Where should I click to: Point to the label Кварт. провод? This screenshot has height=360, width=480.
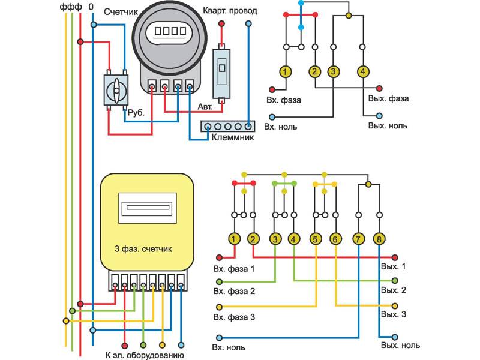(232, 12)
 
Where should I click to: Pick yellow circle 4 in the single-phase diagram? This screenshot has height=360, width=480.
(362, 72)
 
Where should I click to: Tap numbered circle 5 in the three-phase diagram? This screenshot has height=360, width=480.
(315, 239)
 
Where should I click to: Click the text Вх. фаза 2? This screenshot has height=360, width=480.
(238, 292)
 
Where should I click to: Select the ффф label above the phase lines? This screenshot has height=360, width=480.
(70, 7)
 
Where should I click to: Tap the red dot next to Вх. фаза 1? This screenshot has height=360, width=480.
(220, 258)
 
